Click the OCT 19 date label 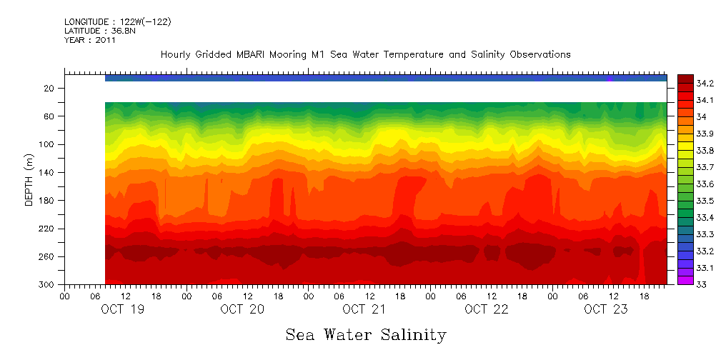120,309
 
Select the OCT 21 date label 364,309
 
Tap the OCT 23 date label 605,309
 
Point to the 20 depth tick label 50,88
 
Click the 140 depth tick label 48,172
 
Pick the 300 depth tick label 48,284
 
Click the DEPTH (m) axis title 29,183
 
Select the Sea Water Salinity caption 366,334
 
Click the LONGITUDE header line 117,22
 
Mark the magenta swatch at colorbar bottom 685,280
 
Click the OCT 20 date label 242,309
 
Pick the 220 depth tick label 48,229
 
